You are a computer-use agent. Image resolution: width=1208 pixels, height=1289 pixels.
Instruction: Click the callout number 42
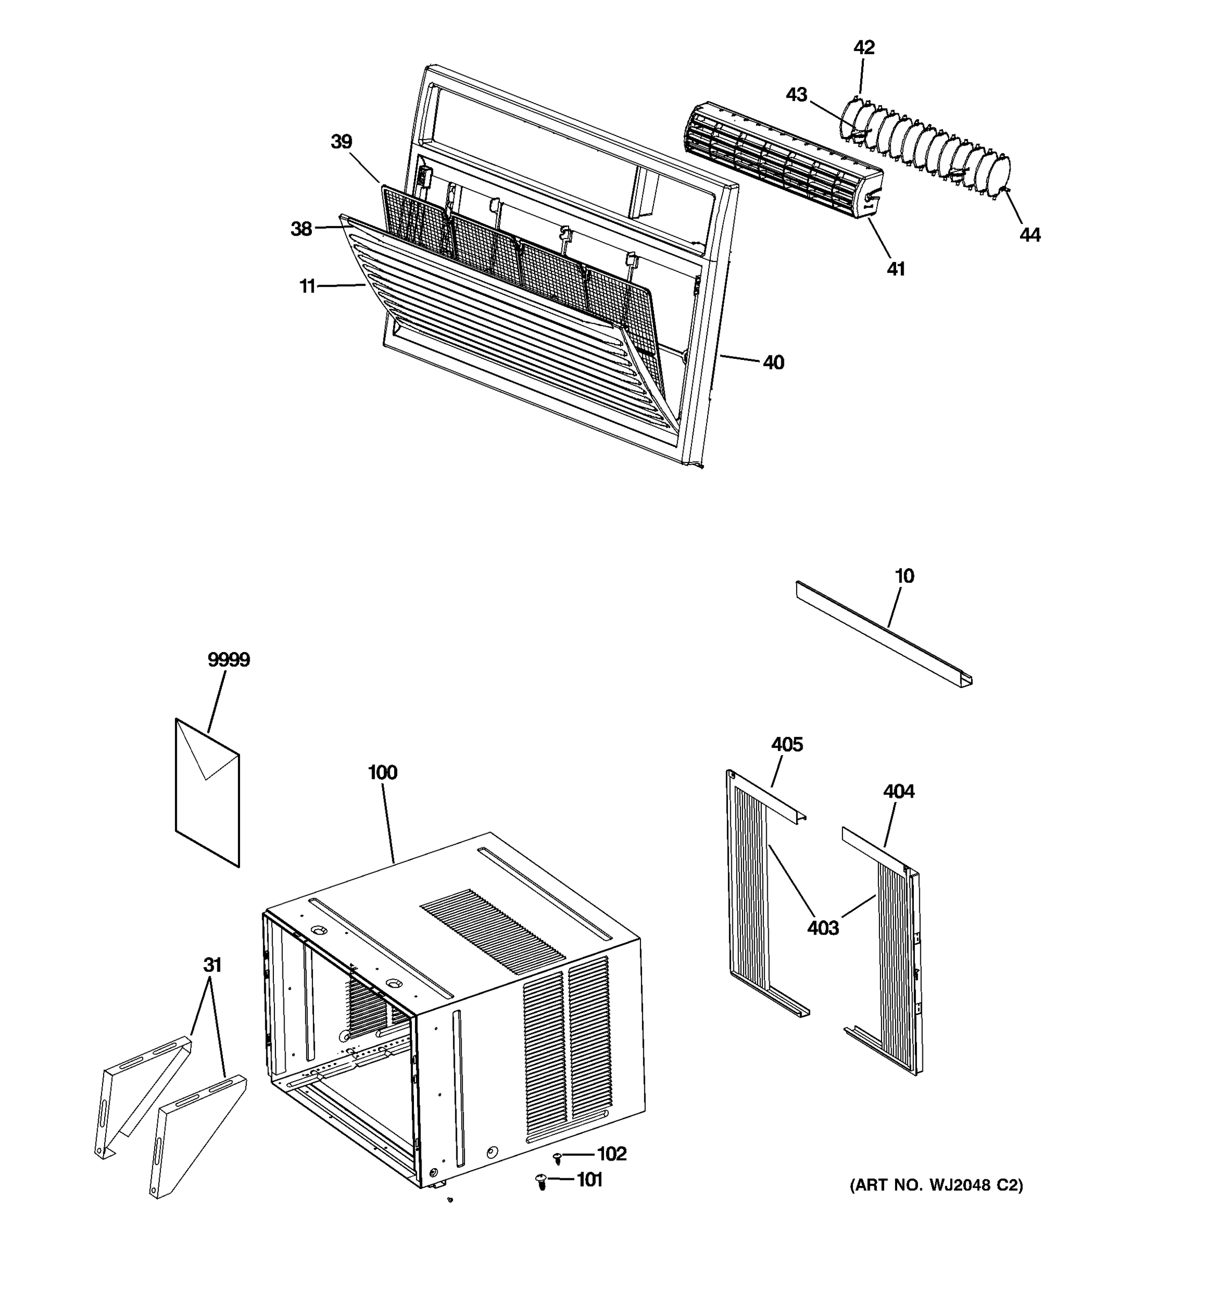click(x=863, y=47)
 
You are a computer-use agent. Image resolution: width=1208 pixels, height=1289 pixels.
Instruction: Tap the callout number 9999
click(x=228, y=660)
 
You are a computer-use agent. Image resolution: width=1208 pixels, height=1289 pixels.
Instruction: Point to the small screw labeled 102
click(x=557, y=1157)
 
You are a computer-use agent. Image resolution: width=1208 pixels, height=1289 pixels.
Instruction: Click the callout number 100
click(x=382, y=772)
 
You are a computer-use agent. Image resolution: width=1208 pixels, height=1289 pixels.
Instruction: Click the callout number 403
click(x=823, y=928)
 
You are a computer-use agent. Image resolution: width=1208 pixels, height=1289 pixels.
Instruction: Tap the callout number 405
click(x=787, y=744)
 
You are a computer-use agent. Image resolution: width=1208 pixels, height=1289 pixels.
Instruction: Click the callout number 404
click(x=898, y=791)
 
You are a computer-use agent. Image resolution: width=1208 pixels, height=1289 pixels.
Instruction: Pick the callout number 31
click(x=212, y=965)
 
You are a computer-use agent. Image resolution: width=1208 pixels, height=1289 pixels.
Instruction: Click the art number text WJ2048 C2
click(x=936, y=1185)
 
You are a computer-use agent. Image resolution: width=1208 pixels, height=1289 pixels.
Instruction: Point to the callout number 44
click(x=1029, y=235)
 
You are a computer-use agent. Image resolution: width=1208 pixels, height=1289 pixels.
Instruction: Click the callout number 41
click(x=895, y=269)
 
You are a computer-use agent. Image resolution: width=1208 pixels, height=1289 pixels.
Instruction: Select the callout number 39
click(x=341, y=141)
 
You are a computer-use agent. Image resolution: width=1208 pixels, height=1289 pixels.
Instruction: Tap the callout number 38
click(x=301, y=228)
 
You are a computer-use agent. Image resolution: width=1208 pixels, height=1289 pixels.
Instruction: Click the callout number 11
click(x=307, y=285)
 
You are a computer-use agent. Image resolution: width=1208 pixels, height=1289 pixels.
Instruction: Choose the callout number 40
click(x=773, y=363)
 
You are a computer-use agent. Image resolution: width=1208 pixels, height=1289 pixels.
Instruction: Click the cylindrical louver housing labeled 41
click(x=777, y=159)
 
